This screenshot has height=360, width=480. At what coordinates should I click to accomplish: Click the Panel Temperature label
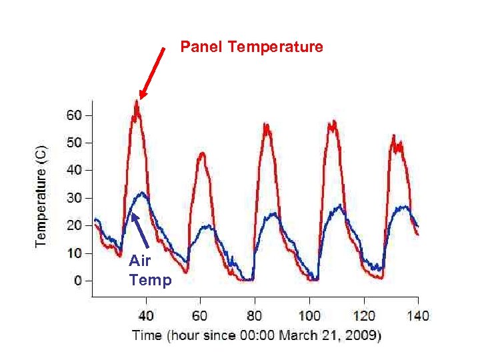point(252,47)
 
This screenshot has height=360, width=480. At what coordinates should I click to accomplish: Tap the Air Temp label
point(150,270)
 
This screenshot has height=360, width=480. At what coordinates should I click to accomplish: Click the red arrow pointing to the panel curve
point(153,73)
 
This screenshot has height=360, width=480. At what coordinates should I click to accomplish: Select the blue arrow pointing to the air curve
point(140,230)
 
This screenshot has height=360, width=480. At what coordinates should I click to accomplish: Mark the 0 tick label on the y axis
point(77,281)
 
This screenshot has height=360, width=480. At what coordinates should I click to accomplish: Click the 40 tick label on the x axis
point(146,315)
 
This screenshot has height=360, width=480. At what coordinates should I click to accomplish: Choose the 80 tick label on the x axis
point(255,315)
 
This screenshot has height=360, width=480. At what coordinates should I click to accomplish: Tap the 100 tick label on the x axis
point(309,315)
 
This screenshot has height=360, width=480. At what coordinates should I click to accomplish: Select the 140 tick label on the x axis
point(418,315)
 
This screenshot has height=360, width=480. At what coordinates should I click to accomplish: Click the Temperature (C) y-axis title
point(41,195)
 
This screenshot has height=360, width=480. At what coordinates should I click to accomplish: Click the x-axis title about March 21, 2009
point(257,335)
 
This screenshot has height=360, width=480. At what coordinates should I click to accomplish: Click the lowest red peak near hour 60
point(201,154)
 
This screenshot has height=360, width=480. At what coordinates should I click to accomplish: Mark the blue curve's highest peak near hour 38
point(141,193)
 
